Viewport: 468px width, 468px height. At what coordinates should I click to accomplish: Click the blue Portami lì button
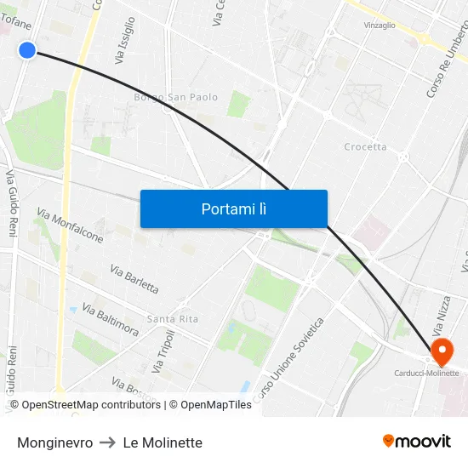coord(233,208)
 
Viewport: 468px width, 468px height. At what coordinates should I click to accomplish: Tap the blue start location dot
coord(27,50)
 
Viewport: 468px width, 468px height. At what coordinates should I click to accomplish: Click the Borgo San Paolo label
coord(175,97)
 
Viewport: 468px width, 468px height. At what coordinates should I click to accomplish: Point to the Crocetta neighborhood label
coord(365,146)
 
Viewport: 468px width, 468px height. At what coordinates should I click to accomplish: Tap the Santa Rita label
coord(172,319)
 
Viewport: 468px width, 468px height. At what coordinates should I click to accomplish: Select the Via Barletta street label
coord(134,278)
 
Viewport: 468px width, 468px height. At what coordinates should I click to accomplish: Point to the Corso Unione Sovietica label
coord(288,361)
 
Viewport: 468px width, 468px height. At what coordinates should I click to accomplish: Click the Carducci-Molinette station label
coord(425,373)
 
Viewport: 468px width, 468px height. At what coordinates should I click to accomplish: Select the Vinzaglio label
coord(380,26)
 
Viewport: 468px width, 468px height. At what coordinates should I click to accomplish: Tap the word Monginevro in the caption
coord(54,442)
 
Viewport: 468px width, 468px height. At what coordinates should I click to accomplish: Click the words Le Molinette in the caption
coord(163,442)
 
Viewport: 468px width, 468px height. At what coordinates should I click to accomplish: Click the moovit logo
coord(417,441)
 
